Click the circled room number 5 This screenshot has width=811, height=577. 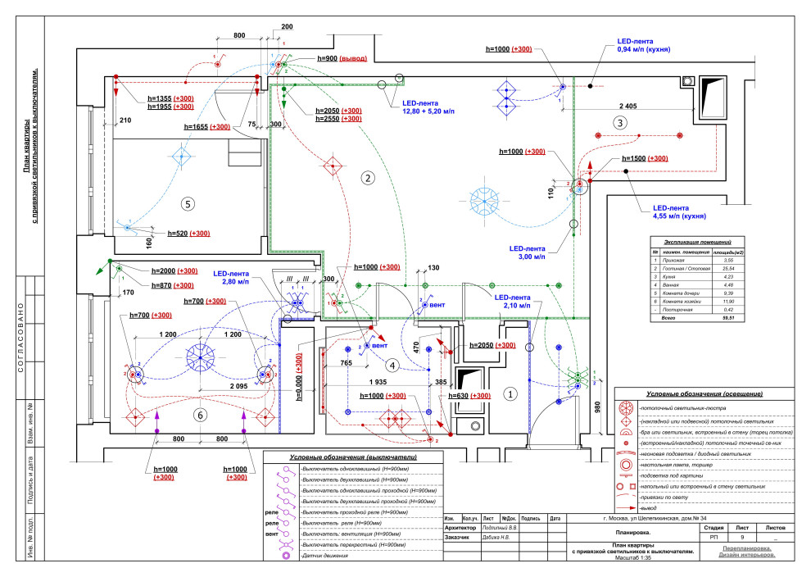pyautogui.click(x=188, y=202)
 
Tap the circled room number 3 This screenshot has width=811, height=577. pyautogui.click(x=620, y=122)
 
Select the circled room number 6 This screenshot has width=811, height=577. pyautogui.click(x=199, y=416)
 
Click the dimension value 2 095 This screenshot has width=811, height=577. pyautogui.click(x=215, y=384)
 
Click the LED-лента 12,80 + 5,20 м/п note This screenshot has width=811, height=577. pyautogui.click(x=428, y=107)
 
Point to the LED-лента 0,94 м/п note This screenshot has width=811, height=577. pyautogui.click(x=646, y=45)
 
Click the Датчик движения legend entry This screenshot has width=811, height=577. pyautogui.click(x=324, y=556)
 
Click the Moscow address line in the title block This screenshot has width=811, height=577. pyautogui.click(x=654, y=519)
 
